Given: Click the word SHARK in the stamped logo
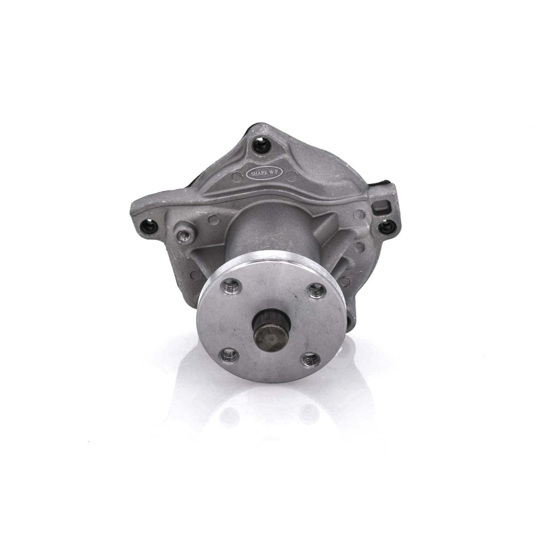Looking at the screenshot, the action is coord(259,173).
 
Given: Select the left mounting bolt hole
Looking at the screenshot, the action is coord(148,226).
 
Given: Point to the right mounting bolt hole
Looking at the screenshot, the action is coord(387,226).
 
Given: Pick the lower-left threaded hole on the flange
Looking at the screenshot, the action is coord(229,356).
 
